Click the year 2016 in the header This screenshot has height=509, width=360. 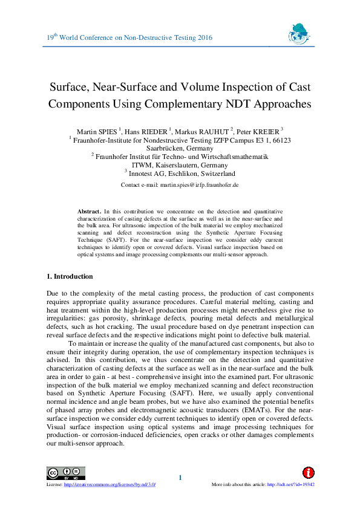pos(204,37)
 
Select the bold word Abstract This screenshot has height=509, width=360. pos(89,211)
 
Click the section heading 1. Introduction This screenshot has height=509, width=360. pos(70,276)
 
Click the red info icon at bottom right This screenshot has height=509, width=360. pos(309,473)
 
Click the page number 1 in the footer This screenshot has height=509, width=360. pos(180,478)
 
